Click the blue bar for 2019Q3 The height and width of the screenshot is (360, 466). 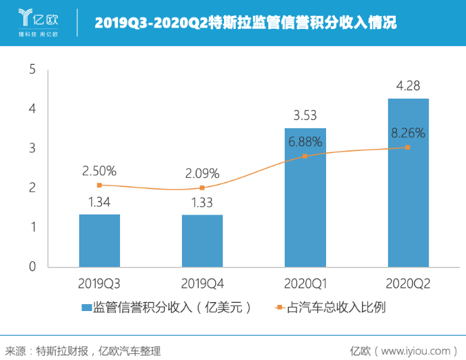pos(99,241)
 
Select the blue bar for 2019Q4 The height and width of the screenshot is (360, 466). pos(202,241)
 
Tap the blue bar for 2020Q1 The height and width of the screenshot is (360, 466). pos(305,197)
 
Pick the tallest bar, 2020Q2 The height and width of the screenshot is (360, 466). pos(408,183)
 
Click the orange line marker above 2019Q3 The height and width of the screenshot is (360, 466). pos(99,185)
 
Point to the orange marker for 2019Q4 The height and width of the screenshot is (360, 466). pos(202,188)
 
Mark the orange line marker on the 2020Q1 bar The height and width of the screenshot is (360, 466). pos(305,156)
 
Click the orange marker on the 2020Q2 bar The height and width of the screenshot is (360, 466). pos(408,147)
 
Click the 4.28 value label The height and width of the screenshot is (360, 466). pos(408,86)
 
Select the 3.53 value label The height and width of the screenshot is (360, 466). pos(305,115)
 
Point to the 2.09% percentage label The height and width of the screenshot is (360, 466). pos(202,173)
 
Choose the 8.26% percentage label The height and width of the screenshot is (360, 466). pos(408,132)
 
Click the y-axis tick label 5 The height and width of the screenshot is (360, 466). pos(32,69)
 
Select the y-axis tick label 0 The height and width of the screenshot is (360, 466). pos(32,266)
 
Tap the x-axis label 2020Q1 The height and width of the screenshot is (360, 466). pos(305,283)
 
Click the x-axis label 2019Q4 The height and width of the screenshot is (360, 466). pos(202,283)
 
